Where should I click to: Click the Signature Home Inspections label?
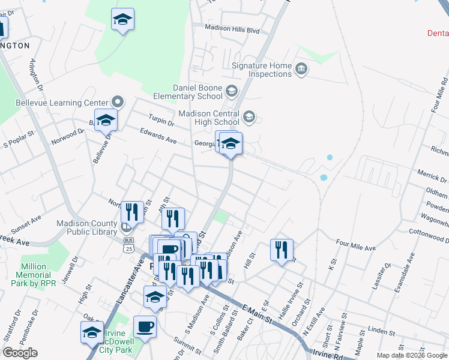tap(262, 70)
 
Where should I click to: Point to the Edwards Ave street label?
tap(158, 137)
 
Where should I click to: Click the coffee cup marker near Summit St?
tap(145, 327)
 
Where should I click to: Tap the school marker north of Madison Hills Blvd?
tap(122, 20)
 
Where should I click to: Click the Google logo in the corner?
tap(20, 353)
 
